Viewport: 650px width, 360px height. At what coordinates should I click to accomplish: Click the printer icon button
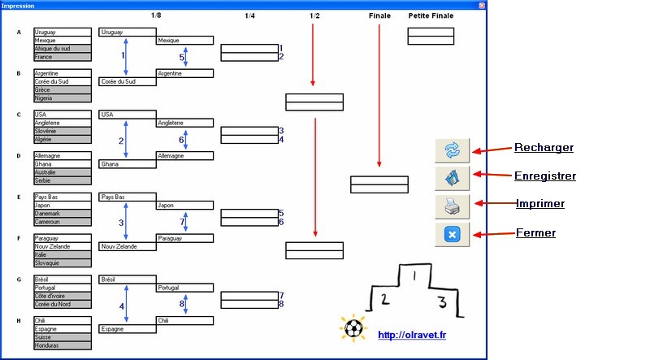[453, 206]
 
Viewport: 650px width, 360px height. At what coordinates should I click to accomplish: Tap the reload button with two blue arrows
[453, 150]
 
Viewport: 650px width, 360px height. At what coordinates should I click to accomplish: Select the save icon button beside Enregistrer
[453, 178]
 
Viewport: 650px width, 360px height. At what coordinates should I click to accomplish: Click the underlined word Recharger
[544, 147]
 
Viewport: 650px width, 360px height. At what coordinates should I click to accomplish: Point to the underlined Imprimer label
[540, 203]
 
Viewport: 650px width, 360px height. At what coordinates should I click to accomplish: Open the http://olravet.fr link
[412, 335]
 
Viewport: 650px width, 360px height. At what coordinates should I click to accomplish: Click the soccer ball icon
[353, 328]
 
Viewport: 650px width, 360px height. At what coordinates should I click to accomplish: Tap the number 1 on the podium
[414, 275]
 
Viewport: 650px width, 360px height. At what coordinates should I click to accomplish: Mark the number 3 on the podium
[442, 301]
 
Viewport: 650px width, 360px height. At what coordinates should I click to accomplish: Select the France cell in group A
[63, 57]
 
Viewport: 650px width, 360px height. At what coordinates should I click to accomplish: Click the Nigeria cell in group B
[63, 98]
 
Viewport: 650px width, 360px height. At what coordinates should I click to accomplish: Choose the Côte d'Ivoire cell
[63, 296]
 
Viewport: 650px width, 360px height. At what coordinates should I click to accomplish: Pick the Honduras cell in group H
[63, 345]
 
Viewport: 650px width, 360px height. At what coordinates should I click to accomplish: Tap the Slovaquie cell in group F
[63, 263]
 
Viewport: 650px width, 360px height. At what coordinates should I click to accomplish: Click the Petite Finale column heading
[431, 15]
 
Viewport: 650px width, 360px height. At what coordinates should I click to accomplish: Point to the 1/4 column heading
[249, 15]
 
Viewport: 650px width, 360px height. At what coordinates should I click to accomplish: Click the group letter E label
[19, 197]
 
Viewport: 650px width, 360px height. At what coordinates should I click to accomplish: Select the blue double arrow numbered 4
[126, 304]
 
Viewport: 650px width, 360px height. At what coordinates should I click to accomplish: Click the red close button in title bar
[482, 6]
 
